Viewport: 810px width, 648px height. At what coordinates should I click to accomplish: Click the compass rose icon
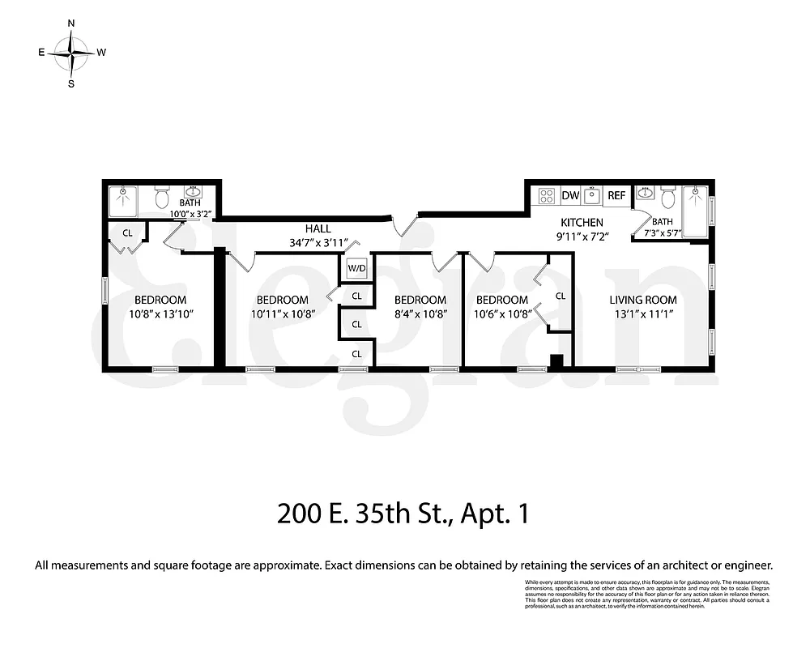coord(71,53)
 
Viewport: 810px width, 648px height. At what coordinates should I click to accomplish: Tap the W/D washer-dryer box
coord(356,268)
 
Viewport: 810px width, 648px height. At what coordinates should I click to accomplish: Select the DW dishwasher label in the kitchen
coord(570,195)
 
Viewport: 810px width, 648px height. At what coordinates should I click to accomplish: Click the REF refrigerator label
coord(617,195)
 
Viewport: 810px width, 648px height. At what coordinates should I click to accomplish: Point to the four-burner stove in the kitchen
coord(547,195)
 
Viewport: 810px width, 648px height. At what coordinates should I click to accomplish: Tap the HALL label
coord(318,229)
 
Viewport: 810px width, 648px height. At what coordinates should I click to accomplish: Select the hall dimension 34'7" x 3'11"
coord(318,242)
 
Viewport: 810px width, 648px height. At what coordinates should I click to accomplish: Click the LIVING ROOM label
coord(642,300)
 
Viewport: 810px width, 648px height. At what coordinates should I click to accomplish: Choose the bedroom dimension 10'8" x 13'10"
coord(160,313)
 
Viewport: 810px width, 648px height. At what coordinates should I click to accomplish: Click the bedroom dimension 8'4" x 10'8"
coord(420,313)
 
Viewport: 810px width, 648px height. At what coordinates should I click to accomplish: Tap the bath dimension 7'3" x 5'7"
coord(663,233)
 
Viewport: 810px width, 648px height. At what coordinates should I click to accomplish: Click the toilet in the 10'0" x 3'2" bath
coord(161,197)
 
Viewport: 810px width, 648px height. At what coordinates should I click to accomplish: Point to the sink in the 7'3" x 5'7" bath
coord(645,194)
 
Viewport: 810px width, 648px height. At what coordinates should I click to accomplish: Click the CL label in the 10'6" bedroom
coord(560,296)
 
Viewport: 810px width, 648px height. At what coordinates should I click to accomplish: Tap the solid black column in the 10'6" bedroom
coord(556,361)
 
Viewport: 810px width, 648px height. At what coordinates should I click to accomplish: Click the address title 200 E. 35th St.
coord(403,514)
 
